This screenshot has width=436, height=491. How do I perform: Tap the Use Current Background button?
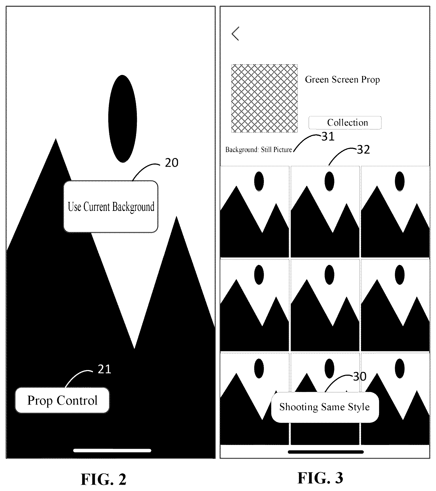tap(111, 206)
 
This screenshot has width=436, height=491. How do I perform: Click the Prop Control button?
tap(62, 400)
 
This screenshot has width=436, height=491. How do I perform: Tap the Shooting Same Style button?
tap(325, 407)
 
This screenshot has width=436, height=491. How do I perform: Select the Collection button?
tap(345, 123)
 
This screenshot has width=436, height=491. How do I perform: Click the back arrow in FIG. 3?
tap(235, 34)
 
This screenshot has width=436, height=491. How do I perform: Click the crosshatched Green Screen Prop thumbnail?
tap(264, 98)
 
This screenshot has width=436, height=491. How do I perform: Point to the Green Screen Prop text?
tap(342, 79)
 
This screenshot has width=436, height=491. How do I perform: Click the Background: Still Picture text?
tap(258, 150)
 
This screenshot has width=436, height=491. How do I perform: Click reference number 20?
tap(172, 163)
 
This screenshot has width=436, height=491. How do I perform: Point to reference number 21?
tap(104, 369)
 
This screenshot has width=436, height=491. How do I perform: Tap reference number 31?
tap(328, 137)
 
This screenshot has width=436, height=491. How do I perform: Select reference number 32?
tap(363, 150)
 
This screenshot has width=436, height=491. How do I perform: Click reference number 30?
tap(360, 377)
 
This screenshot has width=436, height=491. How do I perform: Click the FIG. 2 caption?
tap(104, 479)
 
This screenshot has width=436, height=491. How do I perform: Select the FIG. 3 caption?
tap(320, 478)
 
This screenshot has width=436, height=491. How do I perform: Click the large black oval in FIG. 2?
tap(122, 119)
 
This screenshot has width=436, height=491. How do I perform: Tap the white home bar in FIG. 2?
tap(112, 450)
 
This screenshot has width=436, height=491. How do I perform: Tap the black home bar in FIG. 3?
tap(326, 452)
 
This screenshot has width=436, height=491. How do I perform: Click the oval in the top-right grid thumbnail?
tap(399, 181)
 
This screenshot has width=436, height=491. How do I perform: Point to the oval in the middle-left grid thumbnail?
tap(259, 274)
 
